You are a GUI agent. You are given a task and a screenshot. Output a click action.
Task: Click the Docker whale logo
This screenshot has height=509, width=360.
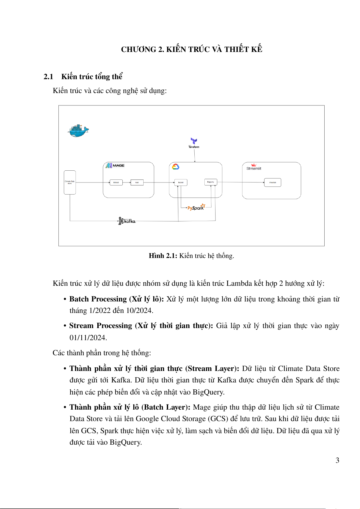pos(78,130)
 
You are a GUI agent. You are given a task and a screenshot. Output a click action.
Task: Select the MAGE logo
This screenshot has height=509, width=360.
pos(115,166)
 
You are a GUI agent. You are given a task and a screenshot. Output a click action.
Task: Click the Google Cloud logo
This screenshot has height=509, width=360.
pos(176,167)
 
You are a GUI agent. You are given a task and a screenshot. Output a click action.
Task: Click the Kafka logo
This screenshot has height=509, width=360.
pos(127,221)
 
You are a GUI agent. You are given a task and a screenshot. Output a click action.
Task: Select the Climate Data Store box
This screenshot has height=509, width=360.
pos(70,182)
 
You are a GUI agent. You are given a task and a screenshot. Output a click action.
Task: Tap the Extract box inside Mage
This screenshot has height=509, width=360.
pos(116,182)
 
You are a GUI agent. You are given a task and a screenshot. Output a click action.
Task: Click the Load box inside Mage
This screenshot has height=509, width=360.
pos(137,182)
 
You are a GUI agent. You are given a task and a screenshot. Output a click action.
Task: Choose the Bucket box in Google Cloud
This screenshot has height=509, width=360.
pos(181,182)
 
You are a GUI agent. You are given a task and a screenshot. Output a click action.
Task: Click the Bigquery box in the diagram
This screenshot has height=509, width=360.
pos(211,182)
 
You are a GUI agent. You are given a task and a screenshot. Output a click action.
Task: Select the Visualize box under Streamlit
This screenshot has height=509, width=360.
pos(273,182)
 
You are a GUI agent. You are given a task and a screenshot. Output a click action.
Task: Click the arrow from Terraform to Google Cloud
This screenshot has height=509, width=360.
pos(195,156)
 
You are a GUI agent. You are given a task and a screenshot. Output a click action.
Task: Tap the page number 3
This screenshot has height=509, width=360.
pos(337,460)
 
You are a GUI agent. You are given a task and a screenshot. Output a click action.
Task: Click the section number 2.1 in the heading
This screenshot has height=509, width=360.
pos(48,77)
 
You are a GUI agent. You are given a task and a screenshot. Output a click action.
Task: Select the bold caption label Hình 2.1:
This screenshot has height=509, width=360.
pos(163,256)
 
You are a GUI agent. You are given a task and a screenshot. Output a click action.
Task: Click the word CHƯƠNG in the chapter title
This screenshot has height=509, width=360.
pos(138,50)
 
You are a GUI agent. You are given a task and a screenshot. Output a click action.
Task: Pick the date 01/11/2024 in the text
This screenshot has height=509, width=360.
pos(88,338)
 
